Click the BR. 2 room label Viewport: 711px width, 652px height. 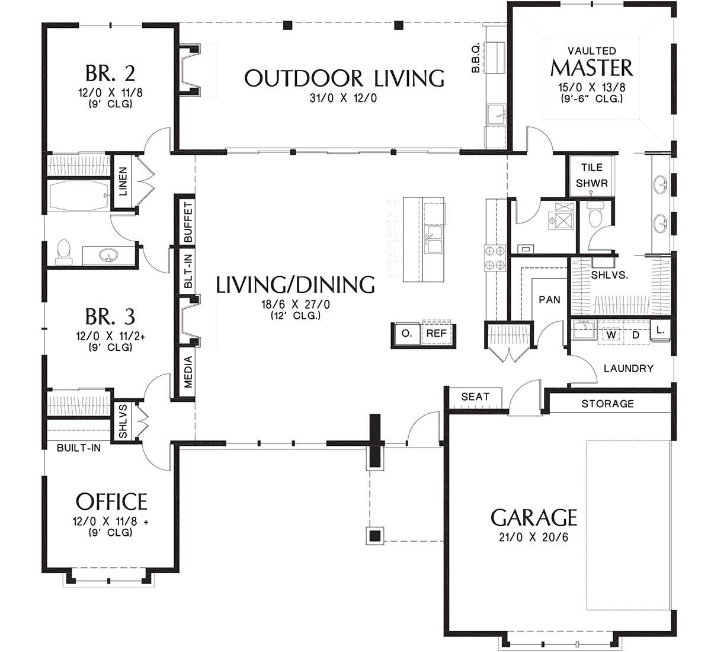pyautogui.click(x=110, y=73)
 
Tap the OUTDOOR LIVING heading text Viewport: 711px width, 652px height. pyautogui.click(x=344, y=78)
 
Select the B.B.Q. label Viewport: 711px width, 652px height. pyautogui.click(x=476, y=58)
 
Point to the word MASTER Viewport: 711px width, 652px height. pyautogui.click(x=591, y=68)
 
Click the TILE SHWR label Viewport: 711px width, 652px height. pyautogui.click(x=591, y=175)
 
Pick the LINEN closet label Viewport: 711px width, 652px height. pyautogui.click(x=123, y=181)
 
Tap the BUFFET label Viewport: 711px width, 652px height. pyautogui.click(x=188, y=222)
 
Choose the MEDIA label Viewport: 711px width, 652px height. pyautogui.click(x=188, y=372)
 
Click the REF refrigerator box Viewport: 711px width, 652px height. pyautogui.click(x=436, y=334)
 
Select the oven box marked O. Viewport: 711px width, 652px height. pyautogui.click(x=406, y=334)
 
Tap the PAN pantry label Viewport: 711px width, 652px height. pyautogui.click(x=549, y=300)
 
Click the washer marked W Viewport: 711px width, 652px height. pyautogui.click(x=611, y=334)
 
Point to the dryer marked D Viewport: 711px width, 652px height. pyautogui.click(x=636, y=334)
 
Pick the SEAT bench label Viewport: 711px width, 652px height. pyautogui.click(x=475, y=397)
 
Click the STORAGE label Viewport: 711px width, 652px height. pyautogui.click(x=607, y=404)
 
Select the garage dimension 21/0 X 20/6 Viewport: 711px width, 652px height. pyautogui.click(x=533, y=538)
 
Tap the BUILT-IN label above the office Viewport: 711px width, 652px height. pyautogui.click(x=79, y=448)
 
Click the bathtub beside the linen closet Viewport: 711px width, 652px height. pyautogui.click(x=79, y=195)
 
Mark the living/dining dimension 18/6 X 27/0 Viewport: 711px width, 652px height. pyautogui.click(x=295, y=304)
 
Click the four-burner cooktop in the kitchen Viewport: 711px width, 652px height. pyautogui.click(x=495, y=258)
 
